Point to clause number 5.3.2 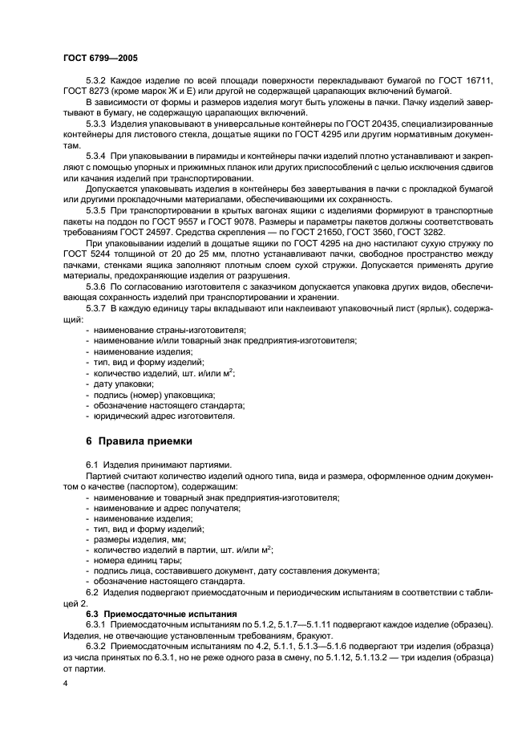click(97, 81)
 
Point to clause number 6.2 click(93, 592)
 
